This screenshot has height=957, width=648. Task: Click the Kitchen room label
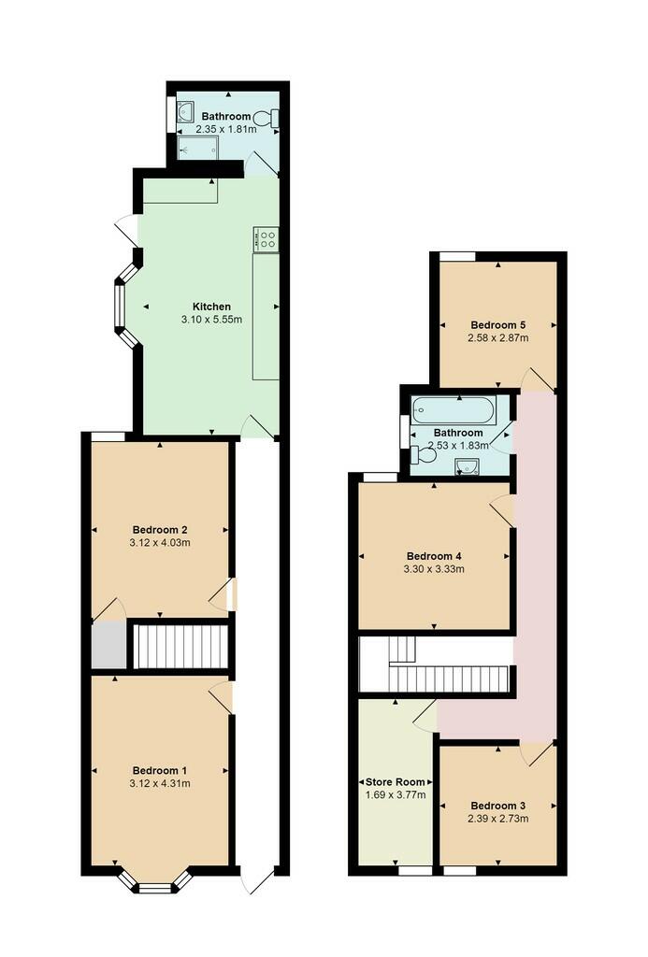click(211, 307)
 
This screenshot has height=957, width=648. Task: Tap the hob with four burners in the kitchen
click(266, 238)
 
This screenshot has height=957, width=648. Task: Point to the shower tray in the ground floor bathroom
click(197, 148)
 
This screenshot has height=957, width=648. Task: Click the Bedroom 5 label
click(497, 325)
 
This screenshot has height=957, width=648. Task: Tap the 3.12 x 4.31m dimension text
click(160, 783)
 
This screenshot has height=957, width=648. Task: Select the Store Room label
click(396, 782)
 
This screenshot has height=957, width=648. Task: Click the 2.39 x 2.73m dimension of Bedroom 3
click(497, 819)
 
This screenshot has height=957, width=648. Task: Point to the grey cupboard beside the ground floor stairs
click(109, 645)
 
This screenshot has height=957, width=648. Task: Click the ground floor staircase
click(180, 646)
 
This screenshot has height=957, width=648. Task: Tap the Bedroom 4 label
click(434, 556)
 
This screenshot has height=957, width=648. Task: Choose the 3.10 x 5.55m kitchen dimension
click(211, 320)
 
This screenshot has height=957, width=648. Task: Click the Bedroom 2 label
click(160, 530)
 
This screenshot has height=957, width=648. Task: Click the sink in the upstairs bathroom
click(468, 467)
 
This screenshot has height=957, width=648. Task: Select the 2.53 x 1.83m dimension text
click(458, 446)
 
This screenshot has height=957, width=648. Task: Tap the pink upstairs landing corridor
click(535, 567)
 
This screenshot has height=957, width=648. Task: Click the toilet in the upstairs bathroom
click(423, 454)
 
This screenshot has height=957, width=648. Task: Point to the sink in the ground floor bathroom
click(185, 112)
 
